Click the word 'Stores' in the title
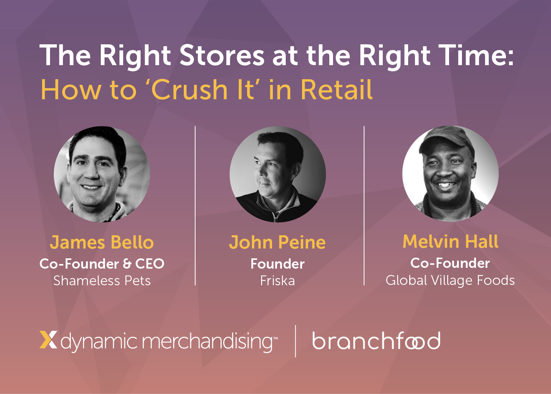(222, 55)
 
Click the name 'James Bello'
(102, 242)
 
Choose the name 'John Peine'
(277, 242)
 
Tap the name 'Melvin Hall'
(451, 241)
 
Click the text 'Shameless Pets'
(102, 281)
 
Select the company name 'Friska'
(277, 281)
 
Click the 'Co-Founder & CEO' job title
(102, 264)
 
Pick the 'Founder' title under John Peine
(277, 264)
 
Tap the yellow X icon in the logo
(48, 340)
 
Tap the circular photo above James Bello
(102, 174)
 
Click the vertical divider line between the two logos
(296, 341)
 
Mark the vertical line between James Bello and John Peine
(195, 206)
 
